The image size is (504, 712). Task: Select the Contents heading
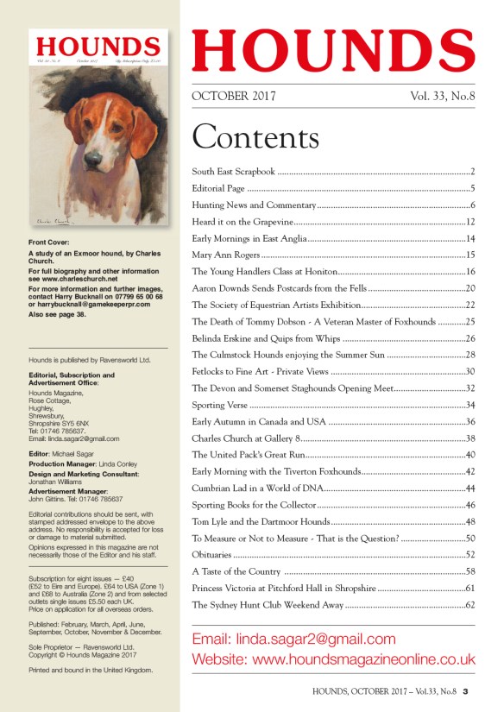[255, 136]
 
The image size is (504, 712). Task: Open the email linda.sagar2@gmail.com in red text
[293, 640]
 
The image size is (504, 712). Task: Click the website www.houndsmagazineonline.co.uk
[333, 659]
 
